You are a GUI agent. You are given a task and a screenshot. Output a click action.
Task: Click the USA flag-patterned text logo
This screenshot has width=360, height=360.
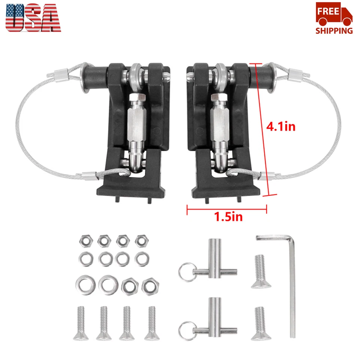(33, 18)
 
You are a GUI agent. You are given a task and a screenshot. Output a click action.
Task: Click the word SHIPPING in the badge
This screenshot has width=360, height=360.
(334, 30)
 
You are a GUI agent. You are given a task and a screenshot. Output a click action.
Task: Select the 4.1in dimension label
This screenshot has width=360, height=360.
(281, 126)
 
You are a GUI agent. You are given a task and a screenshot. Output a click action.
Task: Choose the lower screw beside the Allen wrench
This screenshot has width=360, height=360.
(259, 323)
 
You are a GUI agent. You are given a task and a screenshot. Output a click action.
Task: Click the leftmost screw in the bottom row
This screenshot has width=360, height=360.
(84, 323)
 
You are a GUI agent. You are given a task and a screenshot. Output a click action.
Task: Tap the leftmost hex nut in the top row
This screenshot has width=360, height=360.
(84, 240)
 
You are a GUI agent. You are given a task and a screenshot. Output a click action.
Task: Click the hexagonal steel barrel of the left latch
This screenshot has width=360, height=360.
(136, 120)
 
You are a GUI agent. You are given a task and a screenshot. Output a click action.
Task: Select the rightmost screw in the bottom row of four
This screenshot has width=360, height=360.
(151, 323)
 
